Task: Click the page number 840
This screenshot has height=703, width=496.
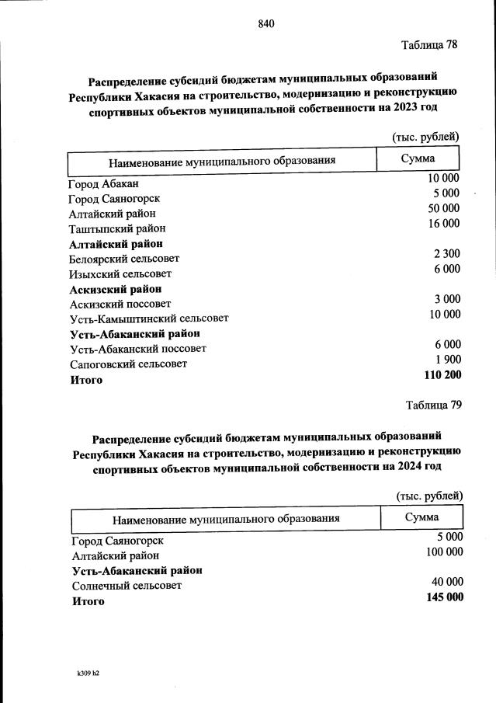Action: (266, 23)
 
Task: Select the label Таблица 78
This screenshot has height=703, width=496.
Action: (429, 44)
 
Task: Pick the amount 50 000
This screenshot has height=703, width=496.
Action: (444, 208)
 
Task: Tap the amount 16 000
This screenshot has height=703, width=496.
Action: (444, 224)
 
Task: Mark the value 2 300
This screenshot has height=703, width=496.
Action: (446, 253)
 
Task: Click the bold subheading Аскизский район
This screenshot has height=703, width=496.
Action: (116, 289)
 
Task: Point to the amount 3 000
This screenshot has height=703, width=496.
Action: (447, 299)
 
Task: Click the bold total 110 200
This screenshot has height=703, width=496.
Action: (442, 374)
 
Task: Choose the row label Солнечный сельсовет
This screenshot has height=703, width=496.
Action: (127, 586)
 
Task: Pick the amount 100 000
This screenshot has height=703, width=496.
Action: (445, 552)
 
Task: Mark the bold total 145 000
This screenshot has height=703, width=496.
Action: (445, 597)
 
